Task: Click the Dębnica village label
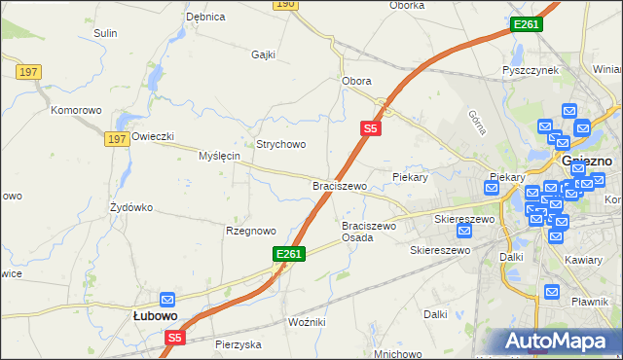pos(205,17)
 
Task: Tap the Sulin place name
pos(105,33)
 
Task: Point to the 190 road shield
pos(284,4)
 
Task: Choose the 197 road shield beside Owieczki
pos(117,139)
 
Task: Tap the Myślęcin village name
pos(219,156)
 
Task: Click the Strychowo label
pos(281,144)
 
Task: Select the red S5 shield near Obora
pos(370,127)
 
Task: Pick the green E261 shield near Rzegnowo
pos(289,254)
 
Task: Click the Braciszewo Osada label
pos(369,232)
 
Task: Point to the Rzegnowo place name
pos(251,231)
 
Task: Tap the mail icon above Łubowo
pos(166,300)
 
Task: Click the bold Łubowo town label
pos(155,316)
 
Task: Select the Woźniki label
pos(307,321)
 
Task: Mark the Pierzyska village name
pos(238,344)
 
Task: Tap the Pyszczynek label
pos(529,71)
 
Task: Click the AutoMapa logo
pos(558,342)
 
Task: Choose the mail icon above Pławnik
pos(552,291)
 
